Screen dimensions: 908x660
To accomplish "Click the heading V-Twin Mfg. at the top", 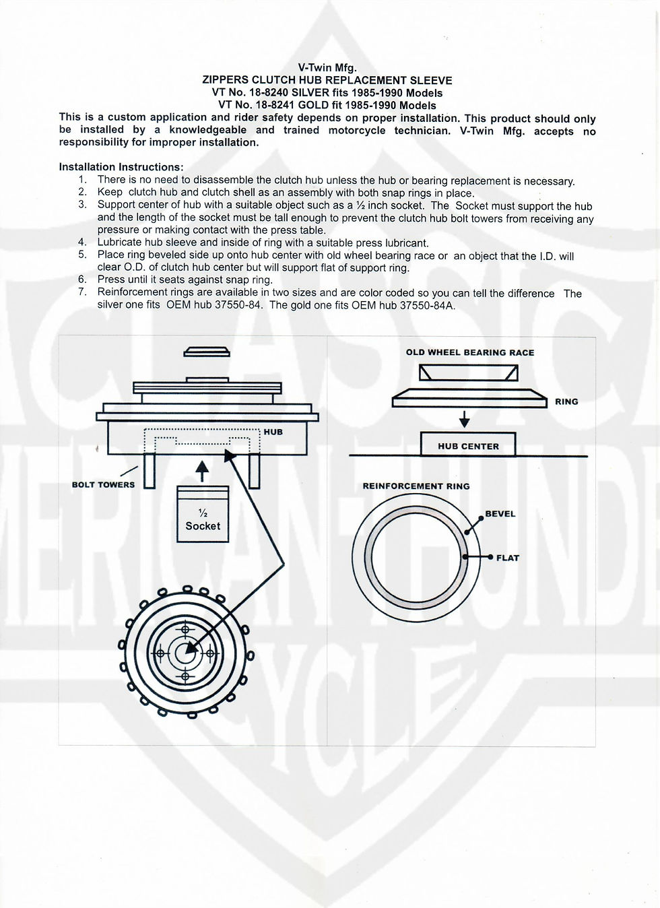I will coord(327,67).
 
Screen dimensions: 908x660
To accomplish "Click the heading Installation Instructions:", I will coord(121,166).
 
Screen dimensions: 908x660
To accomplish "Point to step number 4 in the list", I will coord(82,242).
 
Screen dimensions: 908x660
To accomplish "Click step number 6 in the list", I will coord(82,280).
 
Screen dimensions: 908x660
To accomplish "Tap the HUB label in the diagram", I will coord(273,432).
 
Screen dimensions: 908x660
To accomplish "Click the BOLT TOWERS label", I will coord(103,484).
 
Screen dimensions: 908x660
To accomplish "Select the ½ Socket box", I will coord(203,515).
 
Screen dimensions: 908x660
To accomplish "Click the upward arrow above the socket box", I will coord(202,470).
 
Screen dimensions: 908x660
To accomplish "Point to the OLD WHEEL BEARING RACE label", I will coord(469,352).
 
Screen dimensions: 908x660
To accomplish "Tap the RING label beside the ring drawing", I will coord(566,401).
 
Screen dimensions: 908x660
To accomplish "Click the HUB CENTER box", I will coord(468,445).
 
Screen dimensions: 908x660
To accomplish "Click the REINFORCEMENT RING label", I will coord(416,486).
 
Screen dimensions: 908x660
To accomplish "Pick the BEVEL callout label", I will coord(500,514).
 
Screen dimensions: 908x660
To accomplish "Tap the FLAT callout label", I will coord(507,558).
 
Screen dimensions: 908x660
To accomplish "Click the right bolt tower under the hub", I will coord(255,471).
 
